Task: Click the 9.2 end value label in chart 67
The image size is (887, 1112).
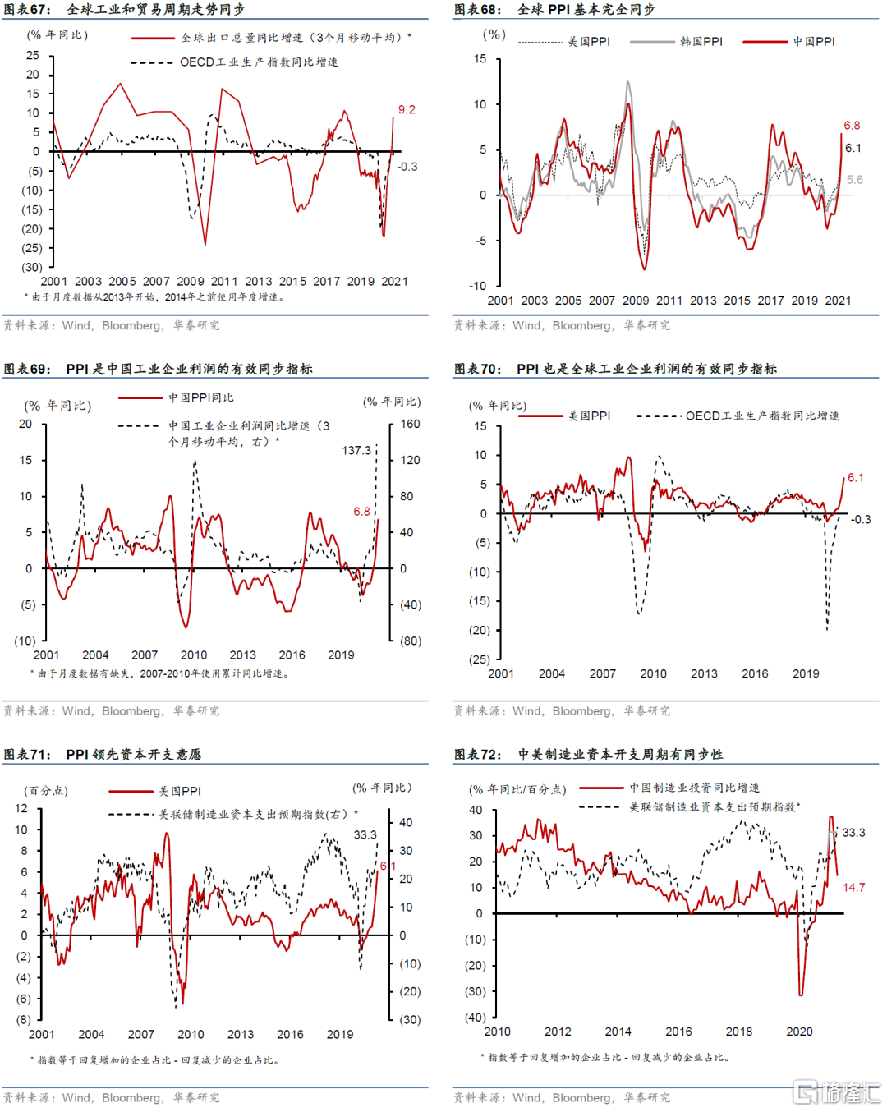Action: coord(407,110)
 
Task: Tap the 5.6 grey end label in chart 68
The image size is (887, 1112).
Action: coord(854,180)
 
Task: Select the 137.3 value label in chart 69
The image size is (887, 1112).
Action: coord(356,451)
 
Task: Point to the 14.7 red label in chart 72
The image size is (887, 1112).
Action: coord(853,888)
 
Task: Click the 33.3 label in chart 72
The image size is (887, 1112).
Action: coord(853,833)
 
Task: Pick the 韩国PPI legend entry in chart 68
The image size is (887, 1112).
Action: coord(701,42)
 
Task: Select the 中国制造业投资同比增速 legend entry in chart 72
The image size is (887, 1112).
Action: coord(694,788)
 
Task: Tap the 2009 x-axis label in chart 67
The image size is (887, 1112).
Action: coord(190,282)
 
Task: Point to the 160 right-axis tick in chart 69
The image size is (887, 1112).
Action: coord(410,425)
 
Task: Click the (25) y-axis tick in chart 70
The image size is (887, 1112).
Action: coord(479,659)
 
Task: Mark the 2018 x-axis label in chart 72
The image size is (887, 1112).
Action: coord(738,1032)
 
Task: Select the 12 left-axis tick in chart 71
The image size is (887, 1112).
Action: coord(21,809)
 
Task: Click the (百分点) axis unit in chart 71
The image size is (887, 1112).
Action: coord(48,791)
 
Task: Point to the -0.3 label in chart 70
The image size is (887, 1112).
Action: coord(860,520)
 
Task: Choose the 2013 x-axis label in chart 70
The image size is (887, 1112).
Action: coord(704,674)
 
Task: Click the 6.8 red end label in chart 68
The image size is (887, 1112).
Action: coord(852,126)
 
